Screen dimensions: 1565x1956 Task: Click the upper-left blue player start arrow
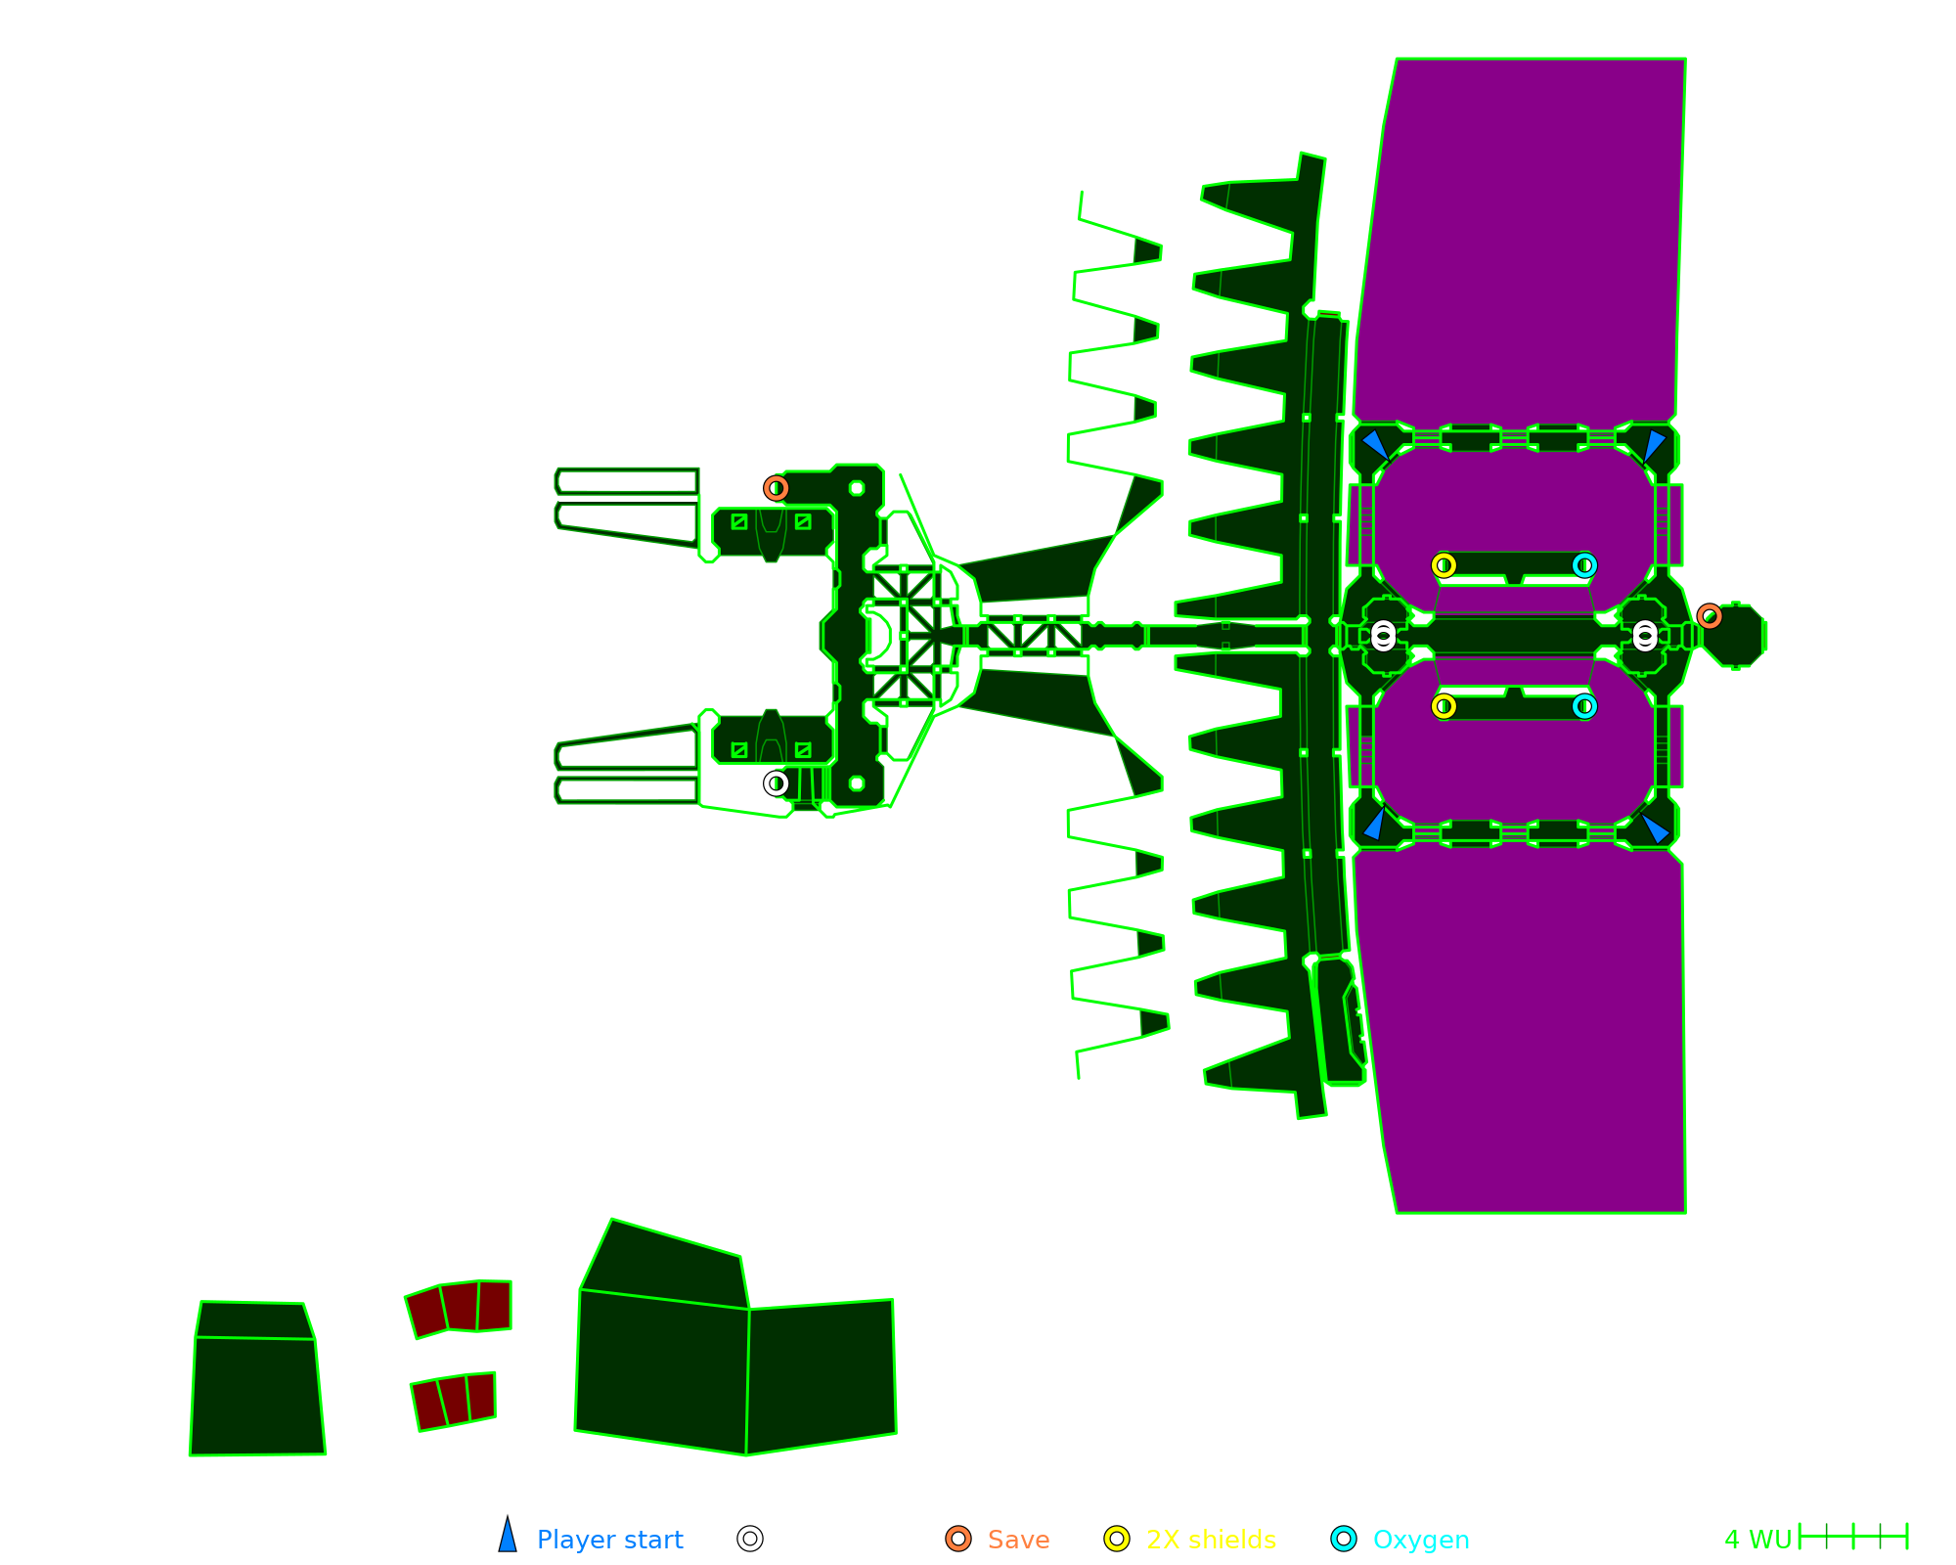(x=1374, y=444)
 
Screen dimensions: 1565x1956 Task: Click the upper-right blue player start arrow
(x=1654, y=444)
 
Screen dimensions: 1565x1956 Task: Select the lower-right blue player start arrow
(x=1655, y=827)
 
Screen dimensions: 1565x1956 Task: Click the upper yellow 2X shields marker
(x=1444, y=565)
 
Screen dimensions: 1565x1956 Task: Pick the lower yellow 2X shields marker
(x=1444, y=706)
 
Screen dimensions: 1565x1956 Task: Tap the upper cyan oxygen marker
(x=1584, y=565)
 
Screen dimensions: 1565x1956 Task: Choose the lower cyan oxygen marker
(x=1584, y=706)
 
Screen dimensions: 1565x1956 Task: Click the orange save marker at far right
(x=1709, y=616)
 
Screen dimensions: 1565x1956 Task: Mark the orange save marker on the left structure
(x=776, y=488)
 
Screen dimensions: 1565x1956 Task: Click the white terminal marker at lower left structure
(x=776, y=783)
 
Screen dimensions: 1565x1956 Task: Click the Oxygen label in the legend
(x=1420, y=1540)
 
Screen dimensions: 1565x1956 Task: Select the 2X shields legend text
(x=1211, y=1540)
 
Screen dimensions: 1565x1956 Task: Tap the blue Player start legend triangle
(x=508, y=1537)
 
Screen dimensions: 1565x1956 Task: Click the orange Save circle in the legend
(x=958, y=1539)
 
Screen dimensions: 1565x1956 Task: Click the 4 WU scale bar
(x=1852, y=1537)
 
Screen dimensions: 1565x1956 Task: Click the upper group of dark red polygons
(x=459, y=1308)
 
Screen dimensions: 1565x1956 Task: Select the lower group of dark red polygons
(x=454, y=1401)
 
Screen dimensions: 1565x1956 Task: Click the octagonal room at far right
(x=1734, y=636)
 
